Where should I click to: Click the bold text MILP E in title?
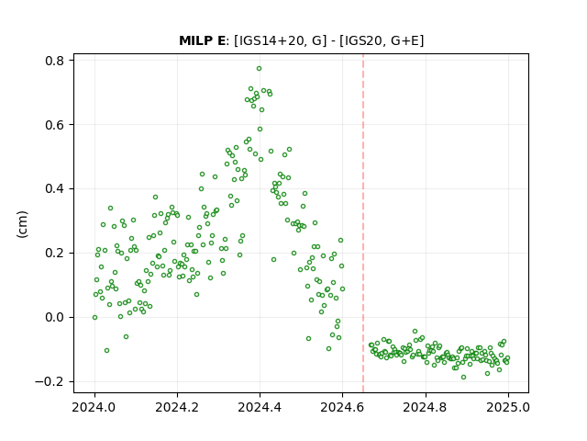pyautogui.click(x=202, y=40)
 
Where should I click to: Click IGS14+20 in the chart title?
pyautogui.click(x=270, y=40)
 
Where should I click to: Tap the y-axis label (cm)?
pyautogui.click(x=22, y=224)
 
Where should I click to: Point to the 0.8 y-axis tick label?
pyautogui.click(x=54, y=61)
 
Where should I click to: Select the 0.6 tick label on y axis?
pyautogui.click(x=54, y=125)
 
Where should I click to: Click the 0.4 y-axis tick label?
pyautogui.click(x=54, y=188)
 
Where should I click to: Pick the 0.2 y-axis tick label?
pyautogui.click(x=54, y=254)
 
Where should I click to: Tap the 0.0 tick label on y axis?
pyautogui.click(x=54, y=317)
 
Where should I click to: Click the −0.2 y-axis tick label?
pyautogui.click(x=50, y=381)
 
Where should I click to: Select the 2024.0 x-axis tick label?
pyautogui.click(x=94, y=407)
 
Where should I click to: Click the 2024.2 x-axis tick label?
pyautogui.click(x=177, y=407)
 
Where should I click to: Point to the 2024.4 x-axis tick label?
pyautogui.click(x=260, y=407)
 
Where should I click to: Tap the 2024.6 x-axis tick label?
pyautogui.click(x=342, y=407)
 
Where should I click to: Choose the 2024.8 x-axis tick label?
pyautogui.click(x=426, y=407)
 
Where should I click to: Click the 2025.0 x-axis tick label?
pyautogui.click(x=508, y=407)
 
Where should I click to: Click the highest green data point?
pyautogui.click(x=259, y=69)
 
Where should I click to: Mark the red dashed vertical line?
pyautogui.click(x=363, y=223)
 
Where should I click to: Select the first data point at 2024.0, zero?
pyautogui.click(x=94, y=317)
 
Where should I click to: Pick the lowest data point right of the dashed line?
pyautogui.click(x=463, y=378)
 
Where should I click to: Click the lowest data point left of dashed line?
pyautogui.click(x=106, y=351)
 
